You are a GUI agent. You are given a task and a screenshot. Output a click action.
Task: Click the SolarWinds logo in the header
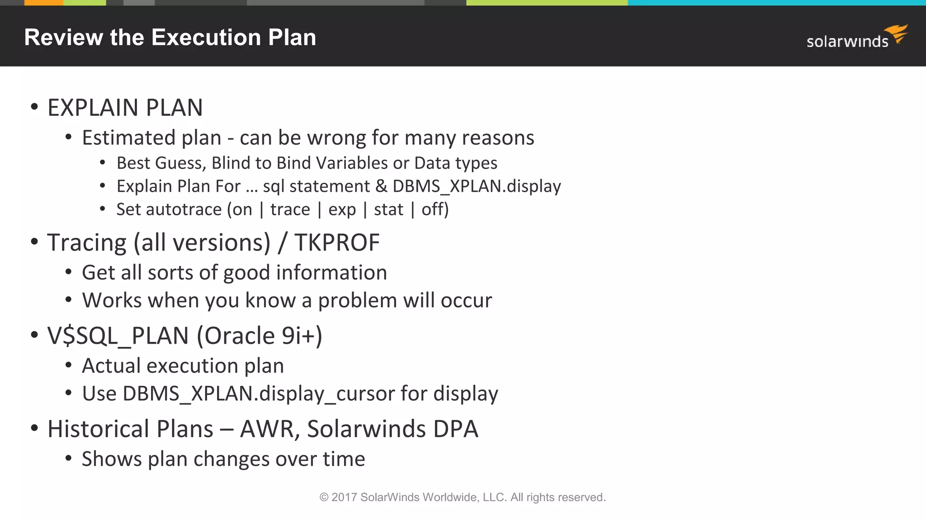pos(856,37)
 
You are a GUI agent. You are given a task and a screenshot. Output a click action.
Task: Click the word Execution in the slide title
pos(206,37)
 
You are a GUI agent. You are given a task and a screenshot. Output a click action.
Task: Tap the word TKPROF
pos(337,242)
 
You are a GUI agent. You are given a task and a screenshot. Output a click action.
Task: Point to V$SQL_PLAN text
pos(118,336)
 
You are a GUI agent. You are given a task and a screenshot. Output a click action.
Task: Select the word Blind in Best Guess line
pos(230,163)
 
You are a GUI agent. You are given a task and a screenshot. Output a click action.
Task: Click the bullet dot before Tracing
pos(34,242)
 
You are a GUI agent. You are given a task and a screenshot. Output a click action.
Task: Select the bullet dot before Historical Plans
pos(34,428)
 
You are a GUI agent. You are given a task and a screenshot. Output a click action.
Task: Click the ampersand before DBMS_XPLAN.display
pos(381,186)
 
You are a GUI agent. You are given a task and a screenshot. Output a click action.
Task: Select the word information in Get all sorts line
pos(331,272)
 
